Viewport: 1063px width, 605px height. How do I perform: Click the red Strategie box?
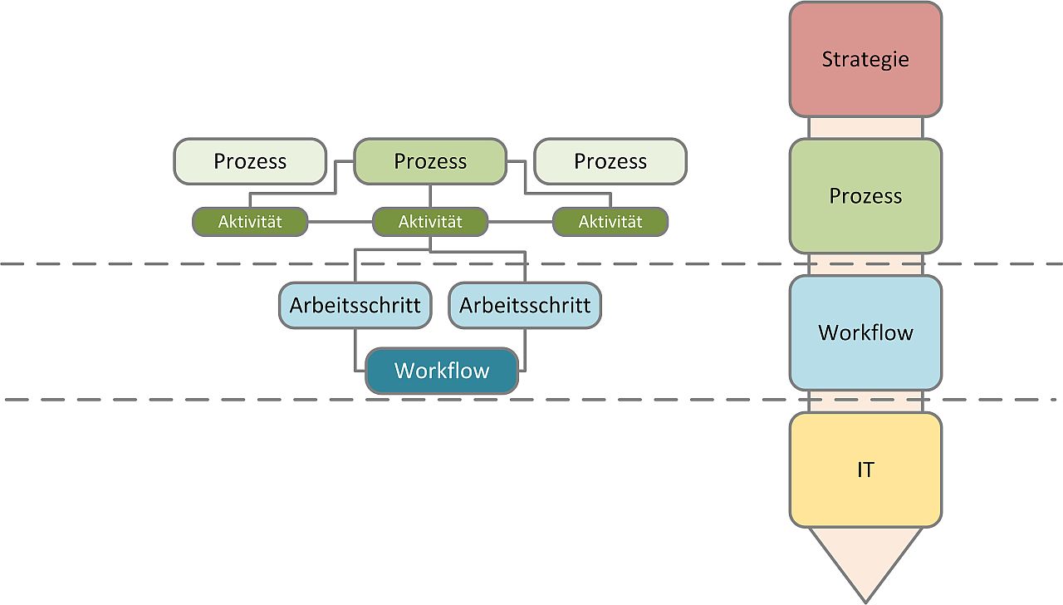[x=865, y=59]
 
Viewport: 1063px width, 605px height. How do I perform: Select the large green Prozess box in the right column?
[x=865, y=195]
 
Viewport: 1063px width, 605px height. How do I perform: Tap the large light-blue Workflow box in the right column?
[x=865, y=332]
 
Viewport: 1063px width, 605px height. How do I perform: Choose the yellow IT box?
[x=865, y=470]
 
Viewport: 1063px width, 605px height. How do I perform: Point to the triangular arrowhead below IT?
[x=865, y=560]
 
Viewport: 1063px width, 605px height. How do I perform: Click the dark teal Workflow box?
[x=442, y=371]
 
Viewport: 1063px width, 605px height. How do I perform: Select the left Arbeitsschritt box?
[x=355, y=305]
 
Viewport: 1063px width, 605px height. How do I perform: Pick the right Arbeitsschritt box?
[x=525, y=305]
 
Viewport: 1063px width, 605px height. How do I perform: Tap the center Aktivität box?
[x=430, y=222]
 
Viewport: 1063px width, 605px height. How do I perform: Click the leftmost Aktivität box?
[x=250, y=222]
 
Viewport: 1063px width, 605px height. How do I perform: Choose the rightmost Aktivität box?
[x=610, y=222]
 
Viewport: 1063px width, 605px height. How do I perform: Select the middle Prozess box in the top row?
[x=430, y=161]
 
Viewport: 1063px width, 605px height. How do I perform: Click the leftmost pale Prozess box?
[x=250, y=161]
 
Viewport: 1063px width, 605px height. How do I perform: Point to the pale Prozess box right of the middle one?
[x=610, y=161]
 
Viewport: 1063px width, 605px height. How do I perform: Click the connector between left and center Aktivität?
[x=340, y=222]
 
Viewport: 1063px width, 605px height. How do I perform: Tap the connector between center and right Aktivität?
[x=521, y=222]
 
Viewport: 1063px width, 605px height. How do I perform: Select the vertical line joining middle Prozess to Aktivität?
[x=430, y=196]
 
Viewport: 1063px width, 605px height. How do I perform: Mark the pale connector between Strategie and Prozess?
[x=865, y=128]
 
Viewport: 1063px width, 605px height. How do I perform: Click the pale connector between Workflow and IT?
[x=865, y=401]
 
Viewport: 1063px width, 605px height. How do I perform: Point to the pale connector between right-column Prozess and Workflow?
[x=865, y=264]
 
